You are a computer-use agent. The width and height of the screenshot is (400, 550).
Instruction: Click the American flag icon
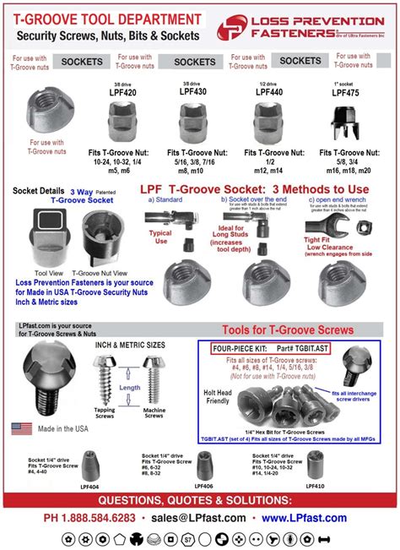[x=22, y=428]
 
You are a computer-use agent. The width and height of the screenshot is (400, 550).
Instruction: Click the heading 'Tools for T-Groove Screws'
[x=287, y=329]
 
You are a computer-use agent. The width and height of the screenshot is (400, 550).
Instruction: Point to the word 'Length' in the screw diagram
[x=130, y=388]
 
